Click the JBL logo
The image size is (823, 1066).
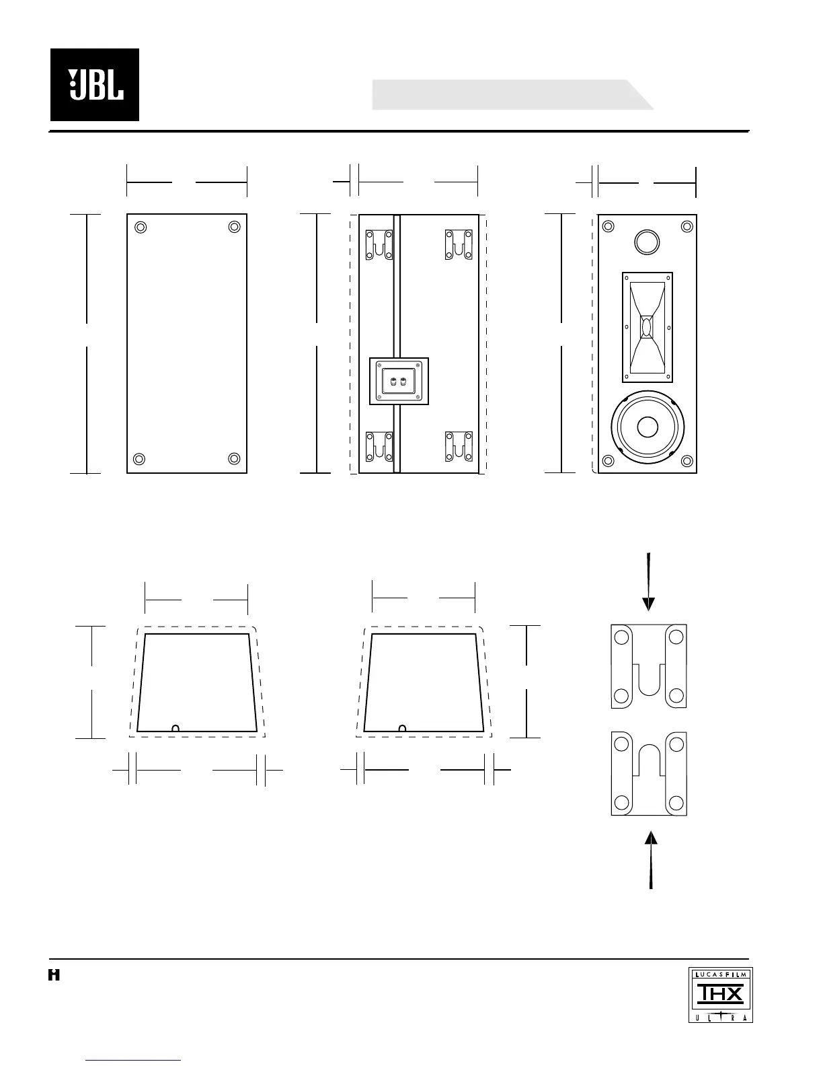tap(95, 85)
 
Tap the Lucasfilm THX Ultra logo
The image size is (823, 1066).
tap(720, 994)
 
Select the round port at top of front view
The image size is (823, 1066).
tap(647, 241)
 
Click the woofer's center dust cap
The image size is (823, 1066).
tap(648, 427)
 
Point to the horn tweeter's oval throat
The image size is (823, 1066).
tap(647, 327)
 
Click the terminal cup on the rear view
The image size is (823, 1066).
tap(399, 382)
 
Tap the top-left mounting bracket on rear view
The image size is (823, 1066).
tap(379, 245)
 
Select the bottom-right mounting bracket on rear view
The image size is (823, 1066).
tap(459, 447)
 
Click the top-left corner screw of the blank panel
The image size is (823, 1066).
tap(140, 227)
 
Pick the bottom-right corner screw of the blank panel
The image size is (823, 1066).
tap(234, 459)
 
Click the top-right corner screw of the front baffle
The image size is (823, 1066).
tap(687, 227)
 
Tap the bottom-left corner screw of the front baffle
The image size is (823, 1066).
tap(608, 461)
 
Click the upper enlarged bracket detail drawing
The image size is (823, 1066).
tap(649, 666)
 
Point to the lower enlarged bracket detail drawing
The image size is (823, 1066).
tap(649, 774)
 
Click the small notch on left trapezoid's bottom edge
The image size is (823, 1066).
tap(175, 727)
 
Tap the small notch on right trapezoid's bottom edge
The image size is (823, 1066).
tap(402, 727)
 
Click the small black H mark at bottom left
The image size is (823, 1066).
tap(54, 974)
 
